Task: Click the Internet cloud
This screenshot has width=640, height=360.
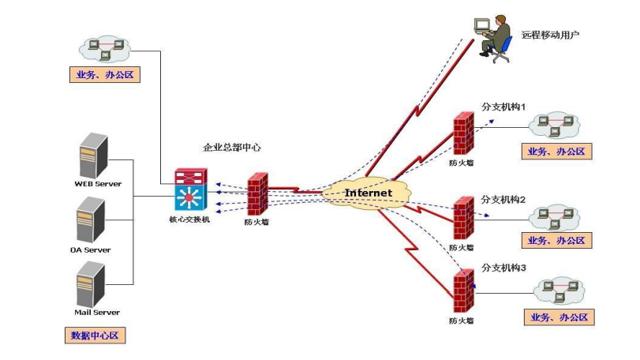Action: click(x=369, y=193)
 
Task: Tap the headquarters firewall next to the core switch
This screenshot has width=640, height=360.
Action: click(x=257, y=193)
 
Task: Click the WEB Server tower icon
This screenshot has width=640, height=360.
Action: click(x=93, y=156)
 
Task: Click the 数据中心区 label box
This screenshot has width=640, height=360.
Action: click(x=95, y=336)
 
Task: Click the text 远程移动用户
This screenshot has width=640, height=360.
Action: click(x=551, y=36)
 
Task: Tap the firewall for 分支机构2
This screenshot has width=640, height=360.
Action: click(x=463, y=218)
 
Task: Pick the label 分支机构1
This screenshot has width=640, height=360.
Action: click(x=503, y=106)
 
